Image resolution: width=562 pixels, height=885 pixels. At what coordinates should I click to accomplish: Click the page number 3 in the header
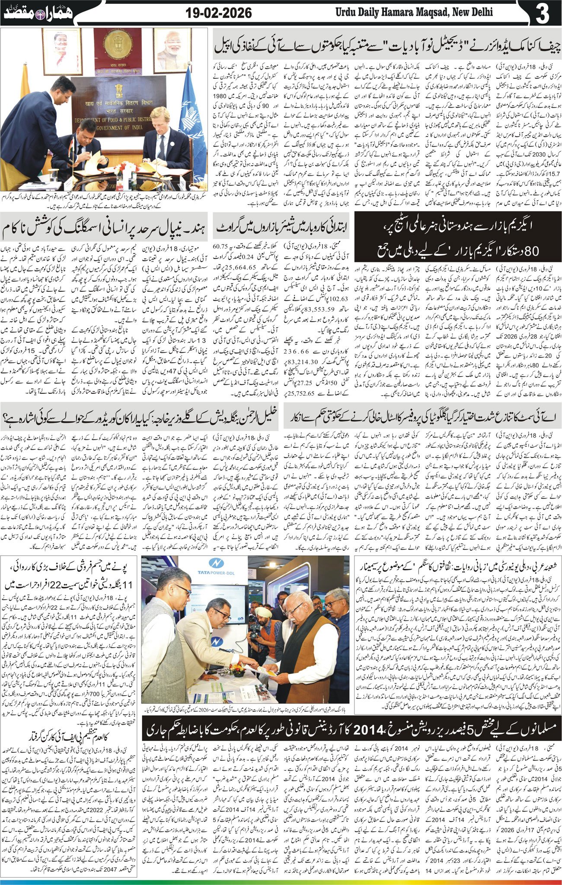click(542, 13)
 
